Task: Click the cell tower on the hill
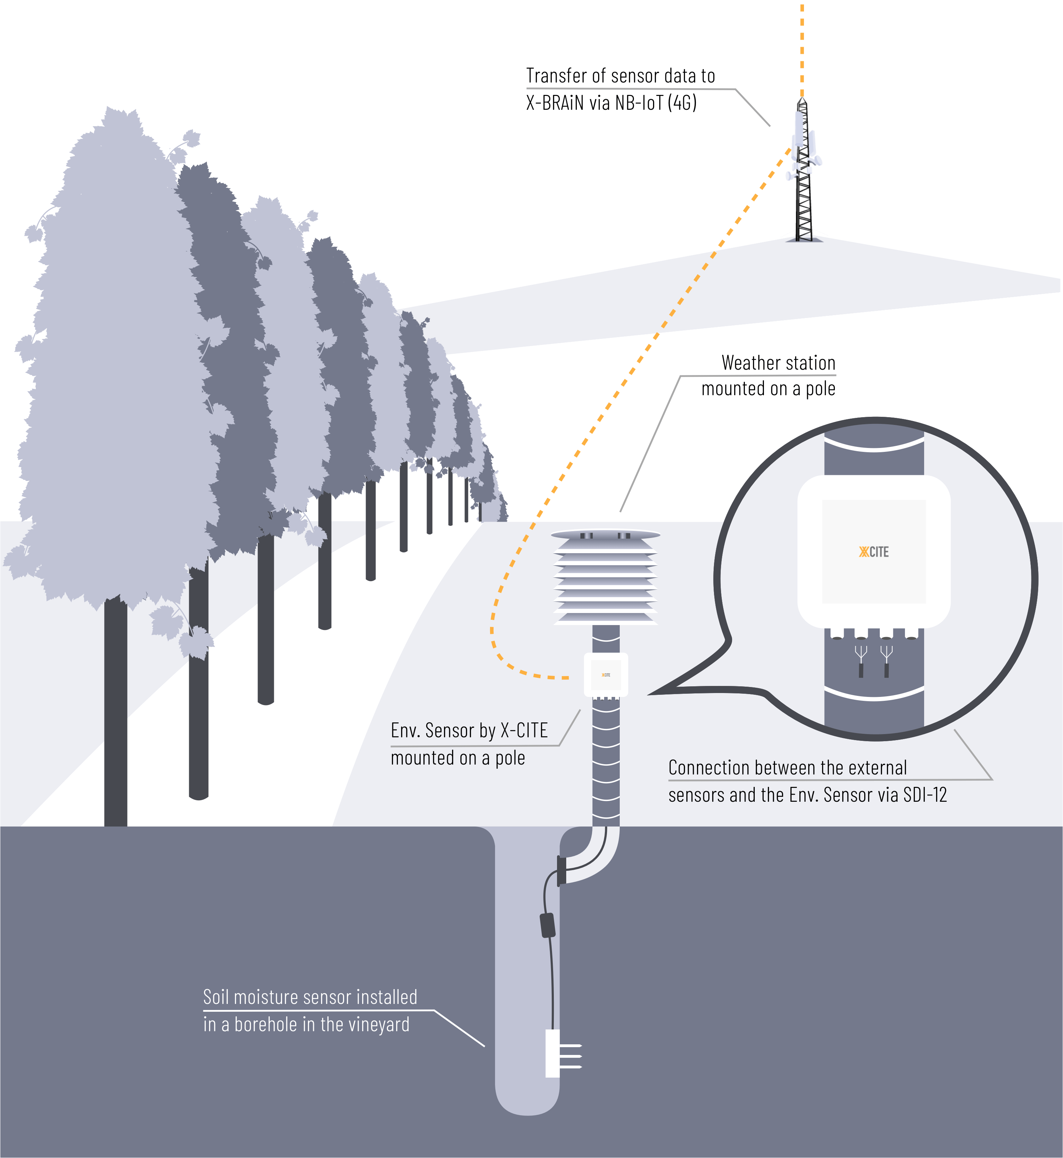click(x=804, y=172)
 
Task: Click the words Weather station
click(x=778, y=363)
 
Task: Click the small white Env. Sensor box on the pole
click(x=606, y=675)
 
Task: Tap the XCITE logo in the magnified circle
click(x=874, y=552)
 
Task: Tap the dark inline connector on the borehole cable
click(x=547, y=925)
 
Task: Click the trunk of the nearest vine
click(x=116, y=713)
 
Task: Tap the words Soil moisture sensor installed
click(x=310, y=997)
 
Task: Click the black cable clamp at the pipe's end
click(x=561, y=870)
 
